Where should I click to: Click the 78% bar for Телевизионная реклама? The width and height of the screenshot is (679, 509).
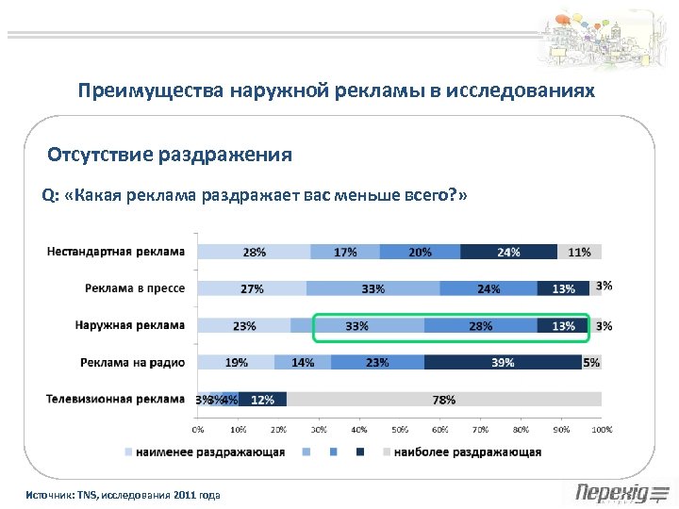443,400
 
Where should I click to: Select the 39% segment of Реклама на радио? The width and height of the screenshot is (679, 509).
503,362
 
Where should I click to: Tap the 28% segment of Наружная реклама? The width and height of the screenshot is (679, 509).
480,326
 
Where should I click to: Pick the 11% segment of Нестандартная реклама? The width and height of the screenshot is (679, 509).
579,252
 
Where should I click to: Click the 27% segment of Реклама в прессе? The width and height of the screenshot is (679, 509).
252,288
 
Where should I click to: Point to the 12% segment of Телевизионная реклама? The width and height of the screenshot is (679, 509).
262,400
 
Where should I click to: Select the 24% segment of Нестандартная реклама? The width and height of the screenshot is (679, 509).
508,252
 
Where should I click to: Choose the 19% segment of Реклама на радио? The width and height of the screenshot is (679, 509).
236,362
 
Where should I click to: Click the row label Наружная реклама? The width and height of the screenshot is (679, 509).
130,326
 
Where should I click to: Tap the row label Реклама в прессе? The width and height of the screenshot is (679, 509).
134,288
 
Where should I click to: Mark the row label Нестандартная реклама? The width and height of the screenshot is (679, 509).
116,252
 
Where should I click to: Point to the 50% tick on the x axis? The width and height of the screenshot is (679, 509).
399,429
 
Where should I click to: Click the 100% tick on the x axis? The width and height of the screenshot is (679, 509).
601,429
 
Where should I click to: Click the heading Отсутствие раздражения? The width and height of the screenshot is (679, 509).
170,155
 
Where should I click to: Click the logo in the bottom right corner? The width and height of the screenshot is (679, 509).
621,492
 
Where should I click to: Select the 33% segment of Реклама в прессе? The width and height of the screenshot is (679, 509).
373,288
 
